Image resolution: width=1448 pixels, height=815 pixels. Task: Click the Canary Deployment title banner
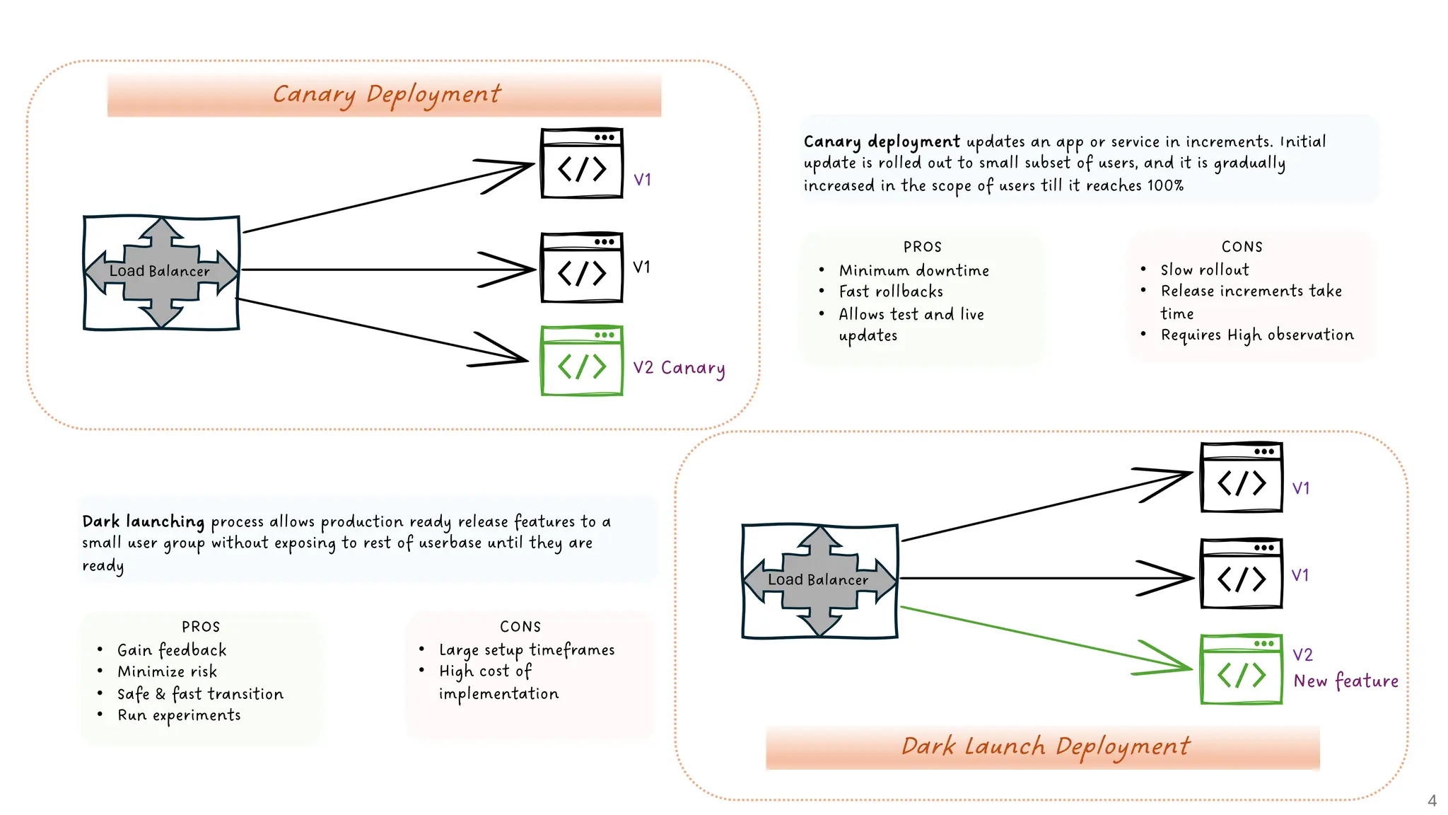385,94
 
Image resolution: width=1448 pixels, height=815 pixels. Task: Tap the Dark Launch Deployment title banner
1044,746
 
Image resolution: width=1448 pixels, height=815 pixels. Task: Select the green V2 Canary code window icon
581,361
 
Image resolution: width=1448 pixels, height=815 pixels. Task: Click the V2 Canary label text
679,368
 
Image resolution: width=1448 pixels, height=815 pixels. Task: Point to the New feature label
1345,681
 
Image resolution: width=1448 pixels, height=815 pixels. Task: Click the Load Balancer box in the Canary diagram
161,272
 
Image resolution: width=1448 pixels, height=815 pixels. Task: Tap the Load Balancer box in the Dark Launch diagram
819,580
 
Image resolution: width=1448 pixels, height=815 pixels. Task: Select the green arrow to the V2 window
1046,639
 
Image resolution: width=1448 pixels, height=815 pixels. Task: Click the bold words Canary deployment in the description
881,141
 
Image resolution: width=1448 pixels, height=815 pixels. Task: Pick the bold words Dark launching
143,521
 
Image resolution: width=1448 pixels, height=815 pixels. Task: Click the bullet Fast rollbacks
891,291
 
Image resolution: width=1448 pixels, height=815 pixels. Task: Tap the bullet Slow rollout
1204,270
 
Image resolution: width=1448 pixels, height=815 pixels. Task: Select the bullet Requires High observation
1256,335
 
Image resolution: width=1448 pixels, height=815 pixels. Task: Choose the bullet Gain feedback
172,649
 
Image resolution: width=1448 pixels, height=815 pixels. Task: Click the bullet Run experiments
179,715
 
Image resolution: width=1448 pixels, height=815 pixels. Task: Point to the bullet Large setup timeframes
526,649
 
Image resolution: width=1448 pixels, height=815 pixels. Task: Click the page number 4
1432,801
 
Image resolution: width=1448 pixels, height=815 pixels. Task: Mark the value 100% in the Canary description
1165,185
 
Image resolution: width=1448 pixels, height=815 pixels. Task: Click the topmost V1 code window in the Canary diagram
581,163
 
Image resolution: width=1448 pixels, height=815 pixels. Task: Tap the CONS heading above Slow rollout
1242,247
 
